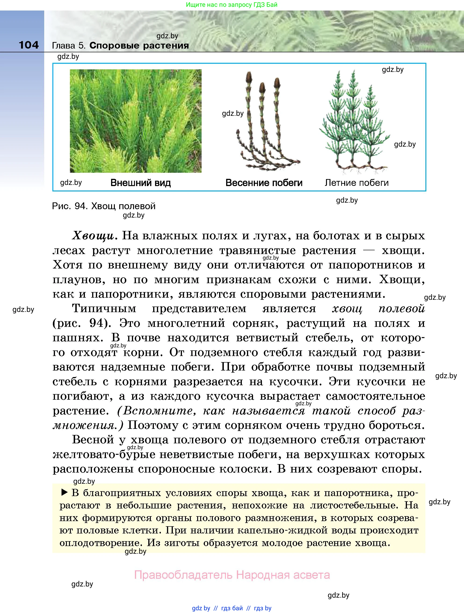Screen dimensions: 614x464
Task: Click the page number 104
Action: (x=29, y=45)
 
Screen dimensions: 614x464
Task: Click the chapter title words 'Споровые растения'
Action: (x=139, y=46)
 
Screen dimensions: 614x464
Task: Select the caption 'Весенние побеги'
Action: (x=264, y=183)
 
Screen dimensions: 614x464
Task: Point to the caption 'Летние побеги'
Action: (x=356, y=183)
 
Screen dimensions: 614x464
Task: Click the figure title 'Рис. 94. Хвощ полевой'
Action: (x=104, y=206)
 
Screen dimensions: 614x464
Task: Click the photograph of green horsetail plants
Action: (x=136, y=121)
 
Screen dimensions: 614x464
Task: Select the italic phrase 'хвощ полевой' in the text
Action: (x=378, y=308)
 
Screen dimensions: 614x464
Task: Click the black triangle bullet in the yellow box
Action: (x=64, y=493)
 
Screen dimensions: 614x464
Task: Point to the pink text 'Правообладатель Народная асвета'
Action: (x=232, y=575)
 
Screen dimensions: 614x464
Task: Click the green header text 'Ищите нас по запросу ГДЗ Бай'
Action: (x=232, y=5)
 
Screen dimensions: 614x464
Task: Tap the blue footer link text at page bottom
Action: (x=232, y=608)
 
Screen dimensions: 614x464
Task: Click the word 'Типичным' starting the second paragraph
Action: (x=104, y=308)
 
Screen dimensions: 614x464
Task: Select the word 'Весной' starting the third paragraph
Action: (x=93, y=439)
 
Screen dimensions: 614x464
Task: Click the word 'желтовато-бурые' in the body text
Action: (x=104, y=454)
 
